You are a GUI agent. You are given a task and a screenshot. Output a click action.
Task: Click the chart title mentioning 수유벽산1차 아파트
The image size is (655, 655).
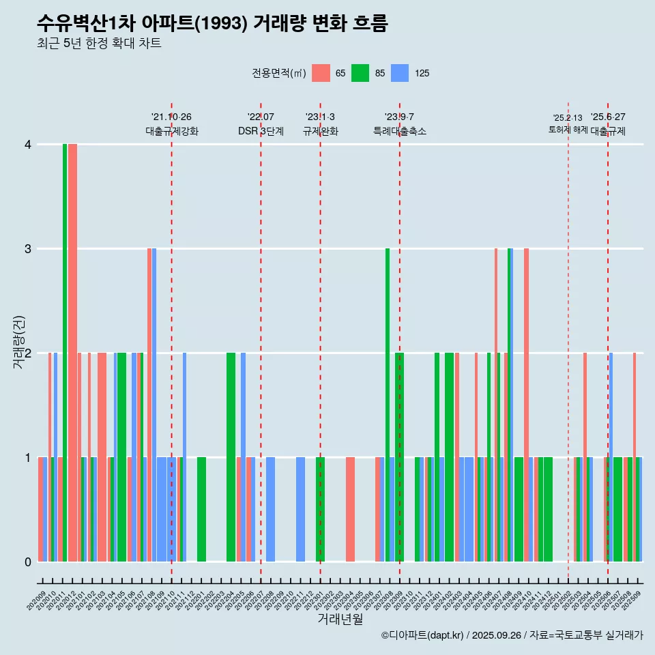click(212, 24)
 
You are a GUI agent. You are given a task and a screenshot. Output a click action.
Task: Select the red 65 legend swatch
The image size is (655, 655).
click(321, 73)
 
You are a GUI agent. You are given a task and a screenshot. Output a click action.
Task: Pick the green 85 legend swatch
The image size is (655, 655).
click(360, 73)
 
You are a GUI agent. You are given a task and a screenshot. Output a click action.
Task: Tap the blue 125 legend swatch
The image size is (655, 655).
click(400, 73)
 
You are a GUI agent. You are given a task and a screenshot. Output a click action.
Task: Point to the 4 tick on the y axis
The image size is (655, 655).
click(28, 145)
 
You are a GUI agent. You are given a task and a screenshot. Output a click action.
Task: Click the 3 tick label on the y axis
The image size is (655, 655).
click(28, 249)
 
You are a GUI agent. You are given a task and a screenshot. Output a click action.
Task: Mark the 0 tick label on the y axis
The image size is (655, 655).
click(28, 562)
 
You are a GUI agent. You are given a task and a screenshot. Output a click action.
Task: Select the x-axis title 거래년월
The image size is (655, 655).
click(340, 620)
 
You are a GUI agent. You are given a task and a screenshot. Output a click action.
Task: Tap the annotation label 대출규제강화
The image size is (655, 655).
click(172, 132)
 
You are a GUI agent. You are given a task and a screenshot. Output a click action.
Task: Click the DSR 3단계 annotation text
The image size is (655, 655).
click(261, 132)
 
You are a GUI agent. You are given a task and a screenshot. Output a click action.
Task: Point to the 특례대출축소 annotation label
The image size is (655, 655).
click(400, 132)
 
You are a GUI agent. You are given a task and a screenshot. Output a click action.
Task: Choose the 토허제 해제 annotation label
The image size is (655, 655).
click(568, 130)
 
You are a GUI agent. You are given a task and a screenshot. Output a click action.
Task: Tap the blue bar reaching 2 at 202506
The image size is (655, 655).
click(611, 457)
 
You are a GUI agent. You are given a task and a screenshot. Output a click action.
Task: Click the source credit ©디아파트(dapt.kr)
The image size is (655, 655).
click(423, 635)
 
